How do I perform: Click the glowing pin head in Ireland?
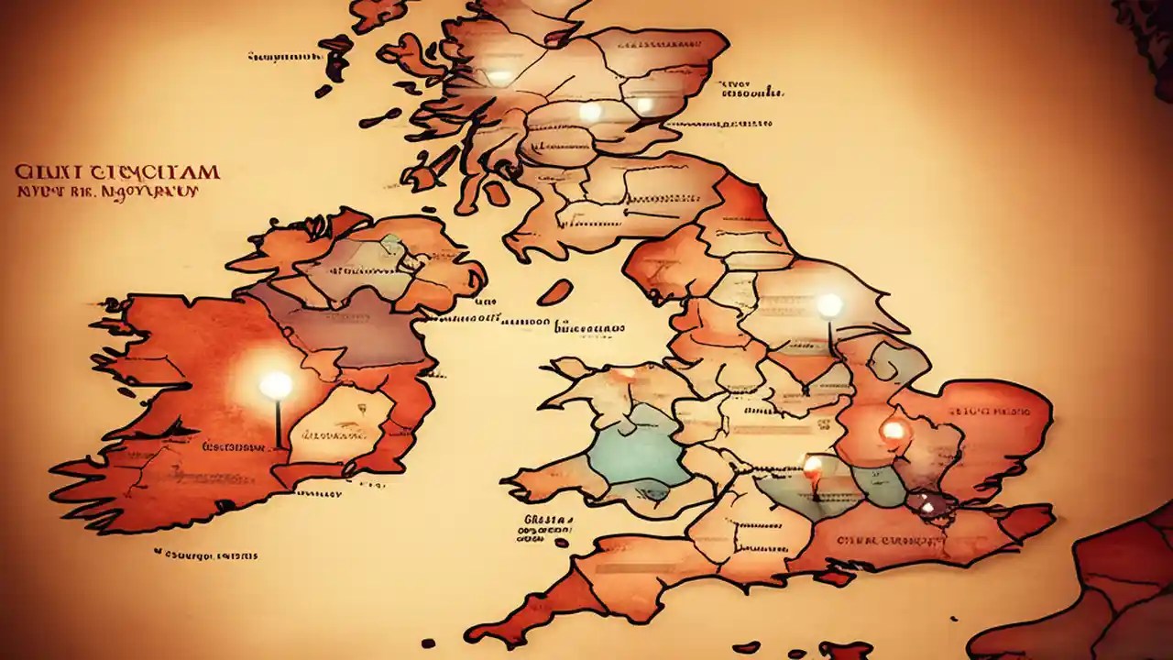coord(275,385)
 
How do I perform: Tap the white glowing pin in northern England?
coord(829,305)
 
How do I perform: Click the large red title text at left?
coord(116,172)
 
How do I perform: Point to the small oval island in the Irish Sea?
coord(554,292)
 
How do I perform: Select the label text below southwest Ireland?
coord(206,555)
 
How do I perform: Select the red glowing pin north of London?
coord(892,429)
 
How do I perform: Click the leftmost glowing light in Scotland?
coord(499,77)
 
